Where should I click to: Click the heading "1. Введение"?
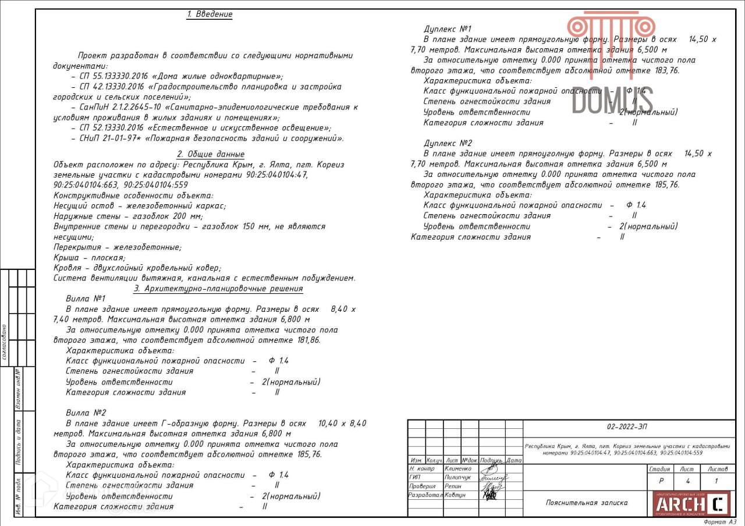click(210, 15)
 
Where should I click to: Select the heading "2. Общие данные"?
click(211, 154)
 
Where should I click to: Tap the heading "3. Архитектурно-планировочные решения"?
click(218, 289)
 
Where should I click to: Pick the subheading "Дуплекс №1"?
click(448, 29)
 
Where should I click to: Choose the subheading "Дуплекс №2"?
click(448, 143)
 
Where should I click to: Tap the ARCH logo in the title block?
click(689, 503)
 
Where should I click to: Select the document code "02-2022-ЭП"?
click(626, 427)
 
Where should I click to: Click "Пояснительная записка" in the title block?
click(587, 503)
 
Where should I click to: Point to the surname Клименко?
click(458, 468)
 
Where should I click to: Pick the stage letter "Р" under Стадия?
click(661, 481)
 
